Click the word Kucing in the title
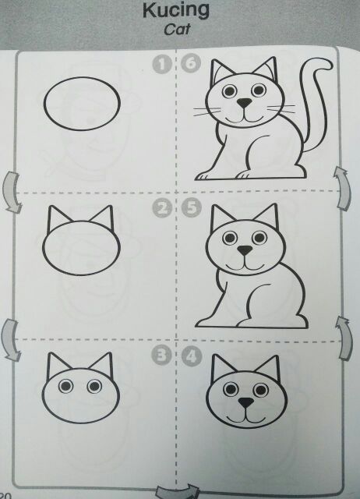click(x=176, y=11)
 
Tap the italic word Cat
click(x=177, y=30)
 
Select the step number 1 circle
click(x=162, y=64)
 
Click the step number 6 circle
click(x=191, y=63)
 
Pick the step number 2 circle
click(x=162, y=208)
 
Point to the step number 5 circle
click(x=192, y=208)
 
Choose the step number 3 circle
click(x=161, y=356)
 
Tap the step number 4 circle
click(x=192, y=356)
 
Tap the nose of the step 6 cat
click(x=244, y=103)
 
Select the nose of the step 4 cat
click(x=246, y=402)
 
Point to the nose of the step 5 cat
click(x=245, y=250)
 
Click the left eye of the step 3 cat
click(x=65, y=387)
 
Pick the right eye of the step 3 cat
click(x=94, y=387)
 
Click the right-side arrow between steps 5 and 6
click(x=344, y=188)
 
